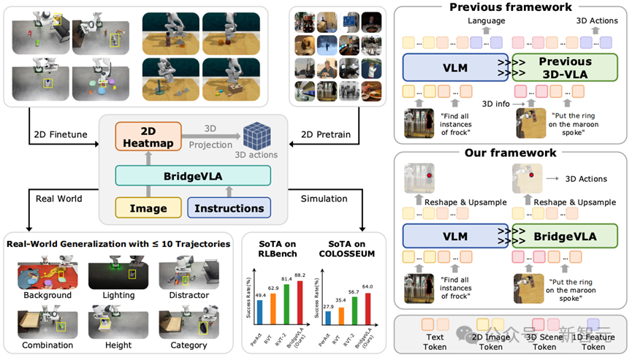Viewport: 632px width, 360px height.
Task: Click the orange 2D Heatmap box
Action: tap(148, 137)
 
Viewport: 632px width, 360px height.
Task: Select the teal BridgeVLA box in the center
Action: tap(192, 175)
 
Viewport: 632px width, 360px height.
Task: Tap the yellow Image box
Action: tap(148, 208)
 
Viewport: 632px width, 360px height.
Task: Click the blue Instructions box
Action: tap(229, 208)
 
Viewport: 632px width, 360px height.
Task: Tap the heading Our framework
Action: tap(510, 153)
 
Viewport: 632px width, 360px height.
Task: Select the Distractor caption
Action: tap(189, 294)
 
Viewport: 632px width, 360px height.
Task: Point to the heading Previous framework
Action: tap(510, 7)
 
